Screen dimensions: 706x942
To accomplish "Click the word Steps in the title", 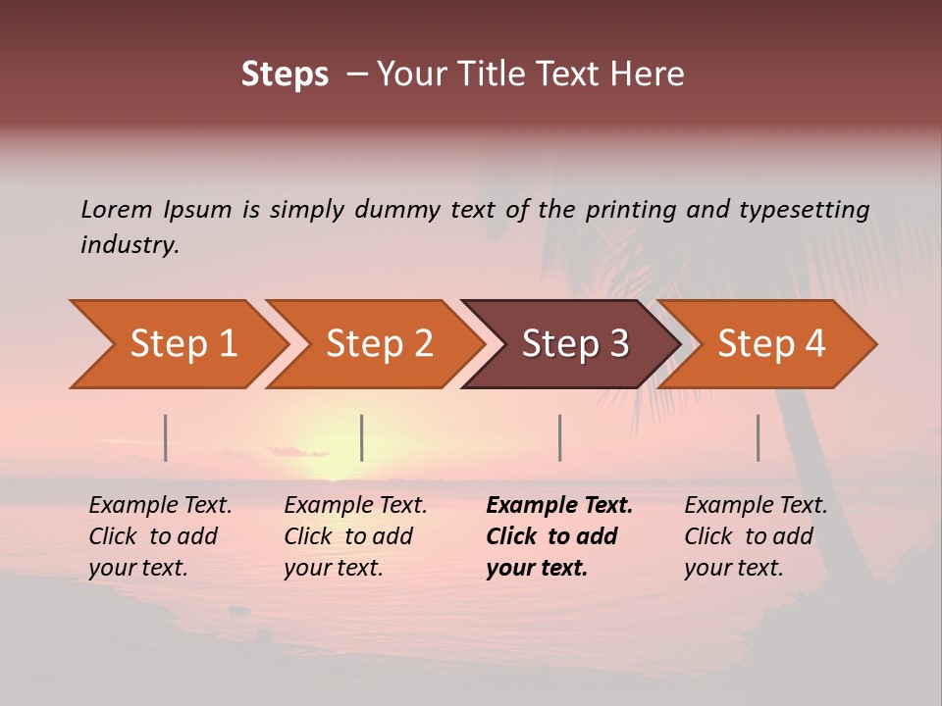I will [x=285, y=75].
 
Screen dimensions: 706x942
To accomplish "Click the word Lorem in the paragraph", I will [x=116, y=209].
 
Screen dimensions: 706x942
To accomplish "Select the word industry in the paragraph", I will [x=130, y=244].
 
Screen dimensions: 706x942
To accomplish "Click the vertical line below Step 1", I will [x=166, y=437].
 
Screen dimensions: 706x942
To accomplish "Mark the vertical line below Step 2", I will [x=362, y=437].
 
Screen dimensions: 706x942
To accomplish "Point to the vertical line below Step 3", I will [x=560, y=437].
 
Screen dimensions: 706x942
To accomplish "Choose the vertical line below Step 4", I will [x=759, y=437].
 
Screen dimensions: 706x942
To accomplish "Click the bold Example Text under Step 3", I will [x=559, y=505].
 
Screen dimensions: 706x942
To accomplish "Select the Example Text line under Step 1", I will [x=160, y=505].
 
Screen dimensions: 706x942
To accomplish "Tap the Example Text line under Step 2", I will [x=355, y=505].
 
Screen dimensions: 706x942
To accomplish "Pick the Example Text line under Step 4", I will [x=756, y=505].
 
